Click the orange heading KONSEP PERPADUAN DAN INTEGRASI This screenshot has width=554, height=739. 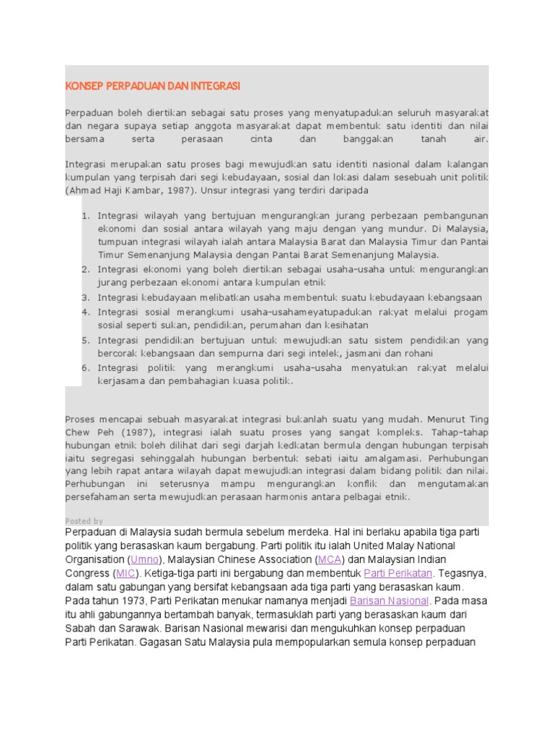tap(153, 87)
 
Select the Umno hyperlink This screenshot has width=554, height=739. tap(142, 559)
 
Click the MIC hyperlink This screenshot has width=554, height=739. tap(126, 573)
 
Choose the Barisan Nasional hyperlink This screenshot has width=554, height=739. tap(390, 600)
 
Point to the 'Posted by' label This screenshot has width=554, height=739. tap(84, 521)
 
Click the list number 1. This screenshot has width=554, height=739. tap(84, 216)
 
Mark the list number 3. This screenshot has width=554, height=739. tap(84, 297)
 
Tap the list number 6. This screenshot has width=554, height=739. tap(84, 368)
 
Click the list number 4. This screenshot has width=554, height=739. tap(84, 312)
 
